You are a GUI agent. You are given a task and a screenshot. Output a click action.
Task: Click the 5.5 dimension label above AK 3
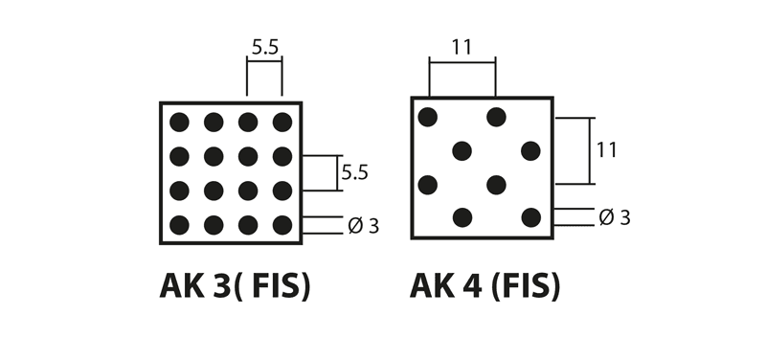point(264,46)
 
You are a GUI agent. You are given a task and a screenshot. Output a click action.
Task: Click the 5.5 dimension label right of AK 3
point(354,172)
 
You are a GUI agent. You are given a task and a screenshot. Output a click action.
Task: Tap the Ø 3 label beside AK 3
point(363,226)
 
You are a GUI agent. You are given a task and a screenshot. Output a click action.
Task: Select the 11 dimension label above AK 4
point(462,47)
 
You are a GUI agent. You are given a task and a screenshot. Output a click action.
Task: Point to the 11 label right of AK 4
point(606,150)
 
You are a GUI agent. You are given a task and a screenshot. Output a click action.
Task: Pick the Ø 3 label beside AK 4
point(615,217)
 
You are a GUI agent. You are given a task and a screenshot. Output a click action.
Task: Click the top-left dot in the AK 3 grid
point(179,122)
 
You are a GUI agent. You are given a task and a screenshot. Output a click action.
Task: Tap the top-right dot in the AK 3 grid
point(282,122)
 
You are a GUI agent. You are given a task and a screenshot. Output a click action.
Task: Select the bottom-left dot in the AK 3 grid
point(179,225)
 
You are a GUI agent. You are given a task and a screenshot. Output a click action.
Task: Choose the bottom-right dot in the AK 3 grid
point(282,225)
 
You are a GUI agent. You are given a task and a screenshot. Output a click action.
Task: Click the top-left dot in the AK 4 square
point(428,117)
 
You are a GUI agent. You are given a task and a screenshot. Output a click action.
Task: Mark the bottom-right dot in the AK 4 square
point(530,217)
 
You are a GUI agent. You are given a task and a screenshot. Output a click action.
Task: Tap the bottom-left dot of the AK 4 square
point(462,217)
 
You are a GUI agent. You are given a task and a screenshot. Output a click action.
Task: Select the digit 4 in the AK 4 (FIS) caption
point(471,286)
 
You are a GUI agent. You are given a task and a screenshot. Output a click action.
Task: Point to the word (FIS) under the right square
point(525,286)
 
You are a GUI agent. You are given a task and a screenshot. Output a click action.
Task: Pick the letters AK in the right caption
point(432,286)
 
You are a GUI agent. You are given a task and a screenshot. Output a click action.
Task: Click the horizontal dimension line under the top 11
point(462,62)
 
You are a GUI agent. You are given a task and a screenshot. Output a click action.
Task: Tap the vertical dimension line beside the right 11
point(589,150)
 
